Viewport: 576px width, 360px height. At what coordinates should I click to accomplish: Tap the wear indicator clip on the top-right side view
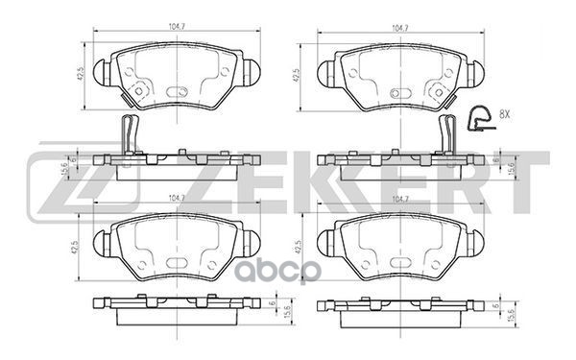coord(448,132)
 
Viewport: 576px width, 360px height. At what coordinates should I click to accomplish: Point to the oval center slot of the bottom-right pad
coord(399,264)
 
